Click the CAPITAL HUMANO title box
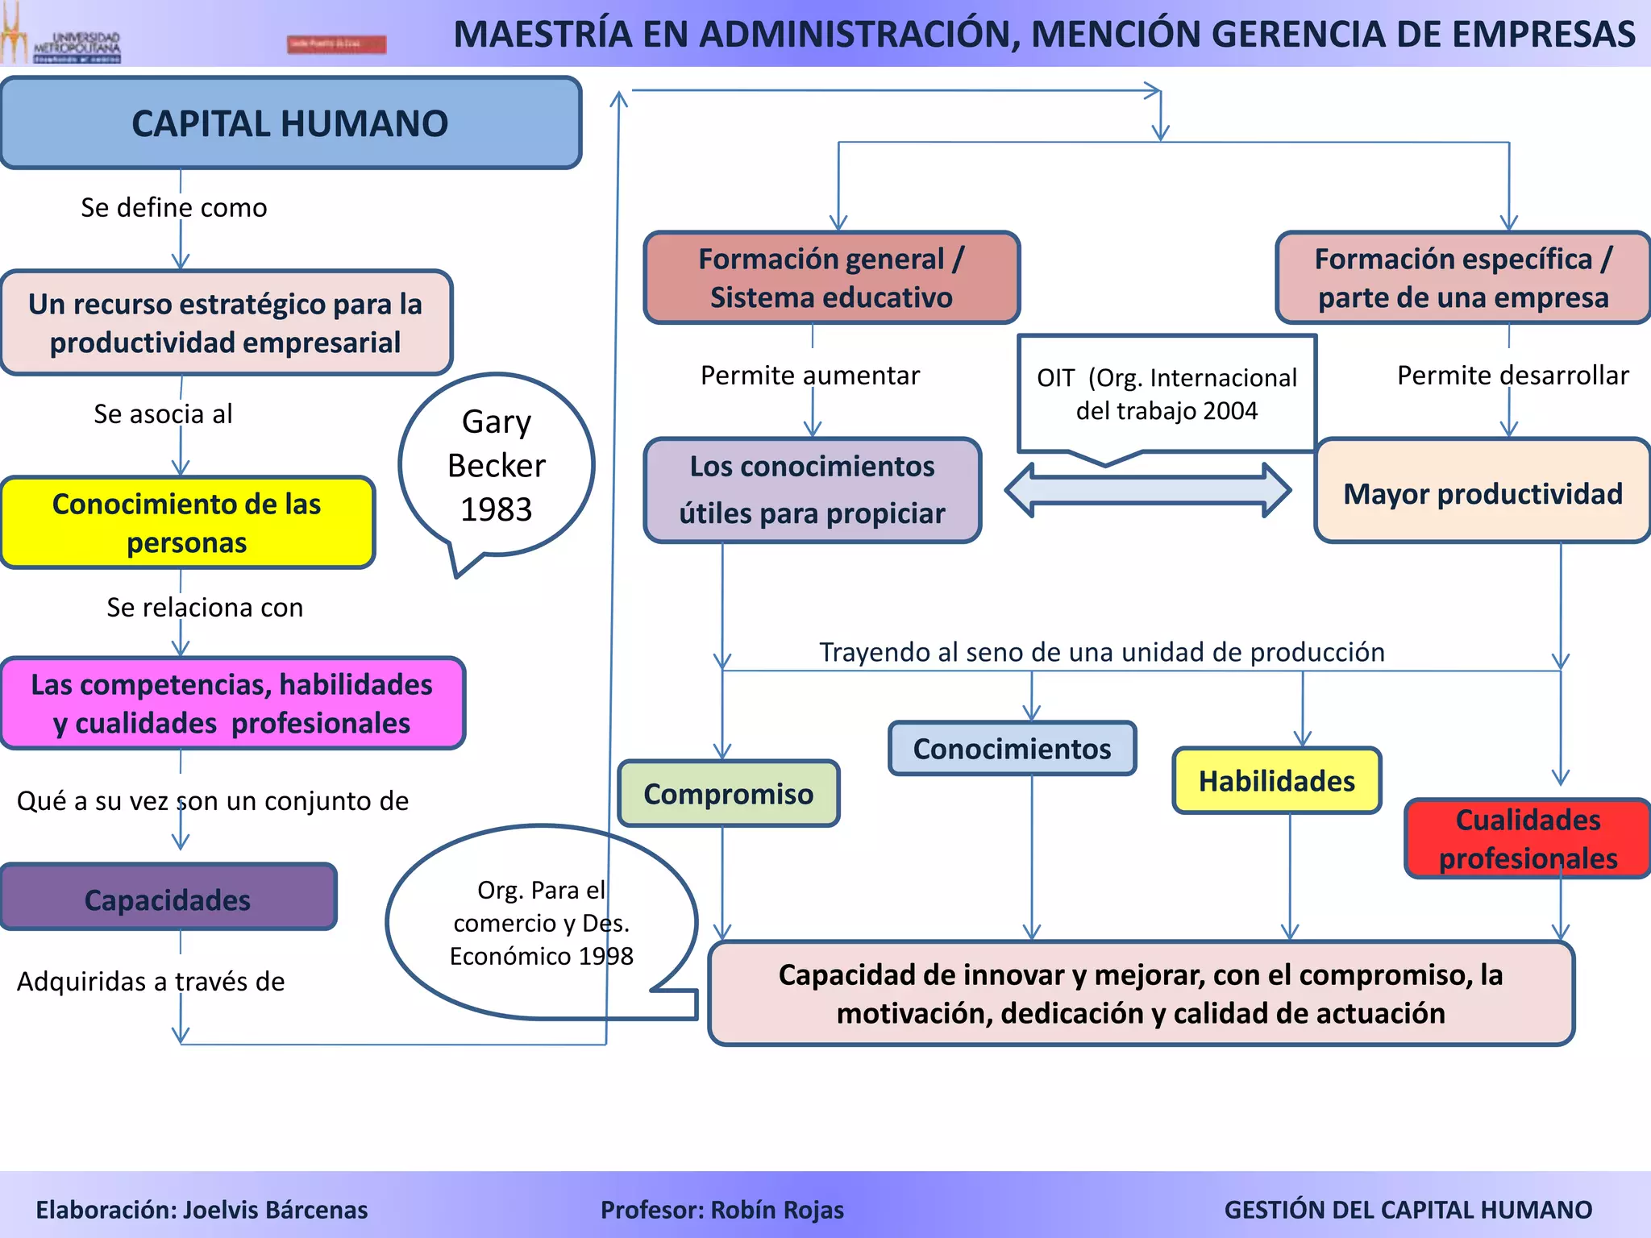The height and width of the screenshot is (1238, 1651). [290, 123]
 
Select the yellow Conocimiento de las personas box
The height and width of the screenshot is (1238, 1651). [187, 523]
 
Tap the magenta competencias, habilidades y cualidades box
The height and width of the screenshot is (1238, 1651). [232, 704]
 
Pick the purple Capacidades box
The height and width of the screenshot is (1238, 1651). [168, 898]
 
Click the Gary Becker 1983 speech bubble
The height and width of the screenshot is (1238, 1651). [497, 465]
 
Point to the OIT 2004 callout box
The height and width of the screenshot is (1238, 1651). [1167, 394]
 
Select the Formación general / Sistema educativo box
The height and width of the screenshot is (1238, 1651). [831, 278]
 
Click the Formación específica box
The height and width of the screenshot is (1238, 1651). [1463, 278]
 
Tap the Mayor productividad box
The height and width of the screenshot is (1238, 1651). [1483, 492]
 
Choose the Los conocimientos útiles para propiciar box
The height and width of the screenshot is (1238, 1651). [812, 490]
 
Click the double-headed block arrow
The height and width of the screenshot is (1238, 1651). [1148, 489]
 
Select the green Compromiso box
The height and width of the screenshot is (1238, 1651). [729, 794]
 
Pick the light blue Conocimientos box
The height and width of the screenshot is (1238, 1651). [1012, 749]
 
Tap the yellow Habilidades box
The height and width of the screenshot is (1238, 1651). [1277, 780]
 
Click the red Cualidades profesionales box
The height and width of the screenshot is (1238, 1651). [1528, 838]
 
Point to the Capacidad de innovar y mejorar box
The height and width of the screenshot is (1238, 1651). [1141, 993]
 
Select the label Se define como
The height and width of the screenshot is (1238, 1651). [174, 208]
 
